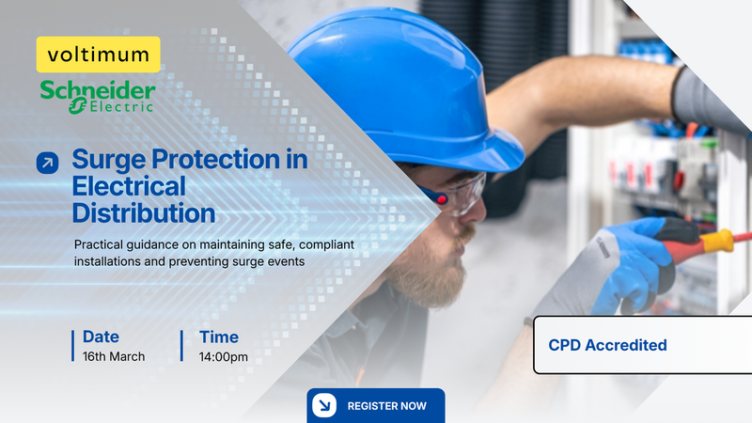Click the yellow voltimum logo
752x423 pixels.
99,55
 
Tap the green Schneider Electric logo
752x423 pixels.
98,96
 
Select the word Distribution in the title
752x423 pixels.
144,212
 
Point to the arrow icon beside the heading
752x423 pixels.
47,163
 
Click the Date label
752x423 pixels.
101,337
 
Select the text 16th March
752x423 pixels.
114,357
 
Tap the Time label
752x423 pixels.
219,337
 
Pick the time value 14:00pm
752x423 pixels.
224,357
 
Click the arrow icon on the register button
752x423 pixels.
323,406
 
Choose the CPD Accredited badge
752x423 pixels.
607,345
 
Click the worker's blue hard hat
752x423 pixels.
404,94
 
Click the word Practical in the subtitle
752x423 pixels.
102,244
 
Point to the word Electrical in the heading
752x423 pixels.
129,186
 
